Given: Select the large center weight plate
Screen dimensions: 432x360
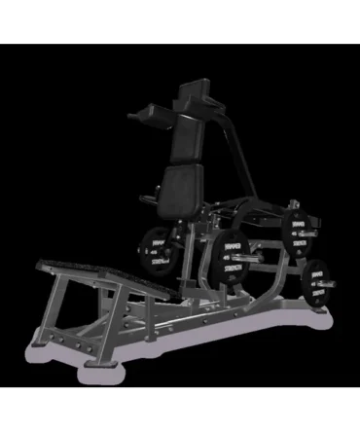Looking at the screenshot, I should click(x=233, y=255).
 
